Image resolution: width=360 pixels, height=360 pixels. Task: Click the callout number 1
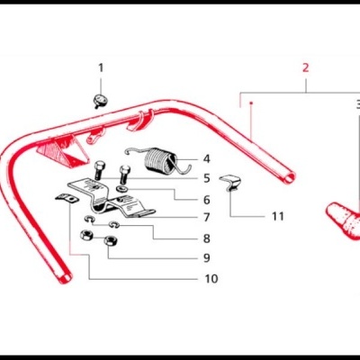coord(101,67)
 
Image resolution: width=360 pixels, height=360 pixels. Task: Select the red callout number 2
coord(305,67)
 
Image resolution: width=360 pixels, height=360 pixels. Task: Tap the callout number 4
coord(206,158)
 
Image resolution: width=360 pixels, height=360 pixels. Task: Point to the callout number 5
coord(206,178)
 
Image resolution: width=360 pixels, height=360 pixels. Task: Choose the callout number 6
coord(206,199)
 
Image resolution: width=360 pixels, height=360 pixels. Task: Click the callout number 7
coord(206,218)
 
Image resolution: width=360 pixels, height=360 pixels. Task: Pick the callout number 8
coord(206,238)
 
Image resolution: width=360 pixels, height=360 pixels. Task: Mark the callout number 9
coord(206,258)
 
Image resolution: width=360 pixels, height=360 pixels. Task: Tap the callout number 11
coord(277,217)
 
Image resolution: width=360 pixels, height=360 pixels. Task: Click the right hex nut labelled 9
coord(109,241)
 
